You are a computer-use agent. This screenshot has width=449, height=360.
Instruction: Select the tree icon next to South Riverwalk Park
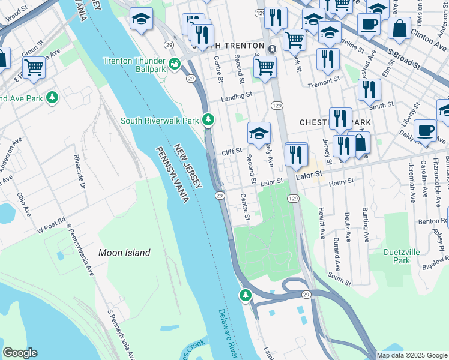pos(208,120)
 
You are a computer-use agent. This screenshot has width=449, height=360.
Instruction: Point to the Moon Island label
pos(124,253)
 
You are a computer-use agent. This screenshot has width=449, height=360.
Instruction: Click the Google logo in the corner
pos(20,353)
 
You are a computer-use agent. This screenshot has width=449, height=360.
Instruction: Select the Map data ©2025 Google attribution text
pos(411,355)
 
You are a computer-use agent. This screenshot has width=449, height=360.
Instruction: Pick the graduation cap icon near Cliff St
pos(259,133)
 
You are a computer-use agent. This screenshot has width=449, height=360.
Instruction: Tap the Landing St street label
pos(236,96)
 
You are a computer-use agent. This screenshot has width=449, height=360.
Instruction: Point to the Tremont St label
pos(324,85)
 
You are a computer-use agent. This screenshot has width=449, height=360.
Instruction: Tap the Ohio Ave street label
pos(23,205)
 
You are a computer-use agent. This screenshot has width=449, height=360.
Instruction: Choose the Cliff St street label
pos(232,151)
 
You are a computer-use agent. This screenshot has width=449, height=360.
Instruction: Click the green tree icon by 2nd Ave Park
pos(53,97)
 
